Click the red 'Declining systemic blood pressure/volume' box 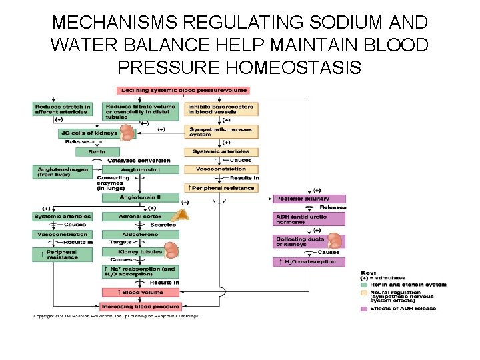pyautogui.click(x=183, y=90)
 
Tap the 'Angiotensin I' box pyautogui.click(x=140, y=169)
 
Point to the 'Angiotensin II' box pyautogui.click(x=140, y=197)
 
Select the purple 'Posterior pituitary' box pyautogui.click(x=310, y=199)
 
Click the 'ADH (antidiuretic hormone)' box pyautogui.click(x=309, y=219)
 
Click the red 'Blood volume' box pyautogui.click(x=140, y=292)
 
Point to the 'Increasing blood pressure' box pyautogui.click(x=140, y=307)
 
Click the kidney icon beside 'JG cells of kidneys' pyautogui.click(x=126, y=131)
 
